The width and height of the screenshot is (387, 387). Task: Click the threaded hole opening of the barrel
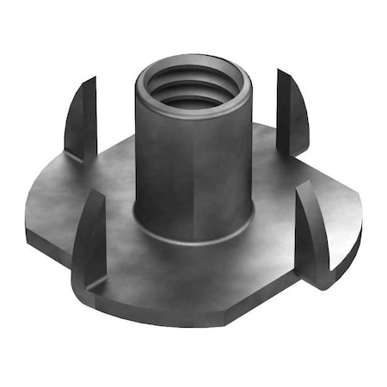(193, 86)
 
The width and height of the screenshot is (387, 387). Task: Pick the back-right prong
(291, 112)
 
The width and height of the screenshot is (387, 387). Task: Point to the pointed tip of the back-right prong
(279, 71)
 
